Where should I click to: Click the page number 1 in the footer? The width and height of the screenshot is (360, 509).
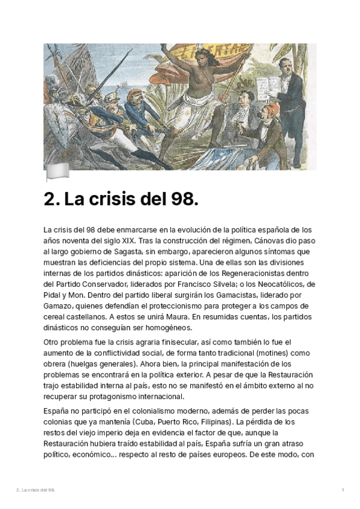[x=343, y=490]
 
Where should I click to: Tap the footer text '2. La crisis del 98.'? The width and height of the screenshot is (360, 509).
[x=35, y=490]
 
